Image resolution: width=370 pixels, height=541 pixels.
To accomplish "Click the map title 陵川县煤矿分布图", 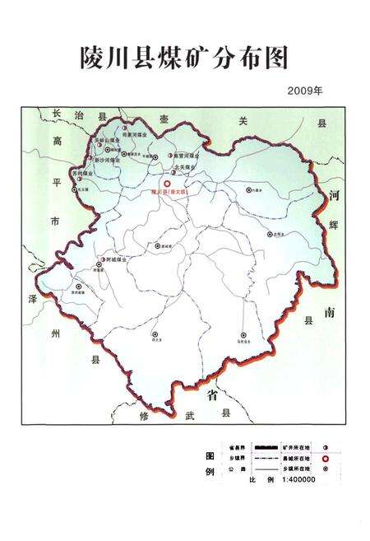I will pos(185,57).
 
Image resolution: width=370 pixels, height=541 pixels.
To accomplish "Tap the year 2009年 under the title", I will pos(305,91).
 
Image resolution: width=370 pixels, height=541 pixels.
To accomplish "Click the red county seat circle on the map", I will pos(167,184).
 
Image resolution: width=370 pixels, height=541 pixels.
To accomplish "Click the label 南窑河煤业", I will pos(187,154).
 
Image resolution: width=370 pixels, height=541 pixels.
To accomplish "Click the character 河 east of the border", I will pos(333,196).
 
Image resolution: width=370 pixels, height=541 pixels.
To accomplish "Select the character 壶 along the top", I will pos(166,120).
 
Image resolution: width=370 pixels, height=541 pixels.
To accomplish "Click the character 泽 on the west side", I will pos(54,298).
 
